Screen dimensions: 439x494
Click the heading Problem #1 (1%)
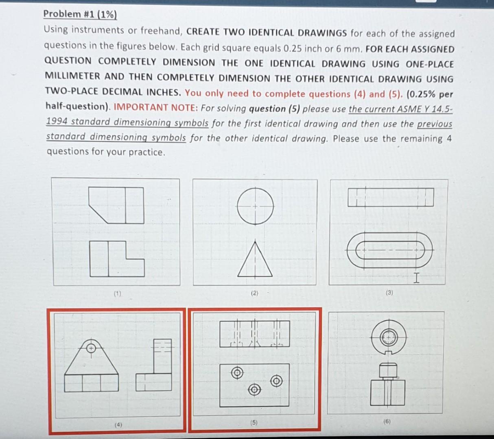tap(80, 14)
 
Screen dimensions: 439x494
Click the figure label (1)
tap(118, 293)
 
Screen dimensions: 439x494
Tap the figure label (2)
tap(254, 293)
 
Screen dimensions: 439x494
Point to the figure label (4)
tap(118, 425)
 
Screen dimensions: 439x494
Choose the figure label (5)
tap(254, 423)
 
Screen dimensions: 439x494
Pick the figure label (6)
tap(387, 422)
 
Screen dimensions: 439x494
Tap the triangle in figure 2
tap(256, 260)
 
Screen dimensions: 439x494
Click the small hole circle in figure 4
tap(92, 348)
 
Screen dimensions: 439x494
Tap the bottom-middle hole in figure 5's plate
tap(255, 389)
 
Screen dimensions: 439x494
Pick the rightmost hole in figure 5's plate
tap(277, 381)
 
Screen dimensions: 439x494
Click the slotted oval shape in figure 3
tap(390, 249)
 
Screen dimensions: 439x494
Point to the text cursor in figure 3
tap(415, 278)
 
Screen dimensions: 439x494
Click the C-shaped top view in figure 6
tap(389, 337)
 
